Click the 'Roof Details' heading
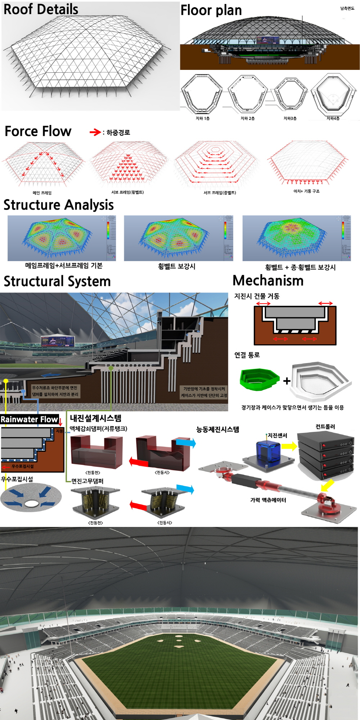click(41, 9)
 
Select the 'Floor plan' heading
click(211, 10)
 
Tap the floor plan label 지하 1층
click(202, 118)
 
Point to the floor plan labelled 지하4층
click(333, 94)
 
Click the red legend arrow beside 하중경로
click(95, 132)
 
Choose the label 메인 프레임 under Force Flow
click(42, 193)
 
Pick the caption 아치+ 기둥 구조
click(306, 191)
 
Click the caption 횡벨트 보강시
click(176, 267)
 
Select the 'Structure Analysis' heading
click(59, 205)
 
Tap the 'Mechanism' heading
click(268, 281)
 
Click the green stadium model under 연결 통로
click(259, 379)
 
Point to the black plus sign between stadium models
click(287, 381)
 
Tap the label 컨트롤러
click(325, 427)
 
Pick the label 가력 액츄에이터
click(268, 500)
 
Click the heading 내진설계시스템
click(95, 418)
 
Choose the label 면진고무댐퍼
click(87, 481)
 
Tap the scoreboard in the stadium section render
click(58, 341)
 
